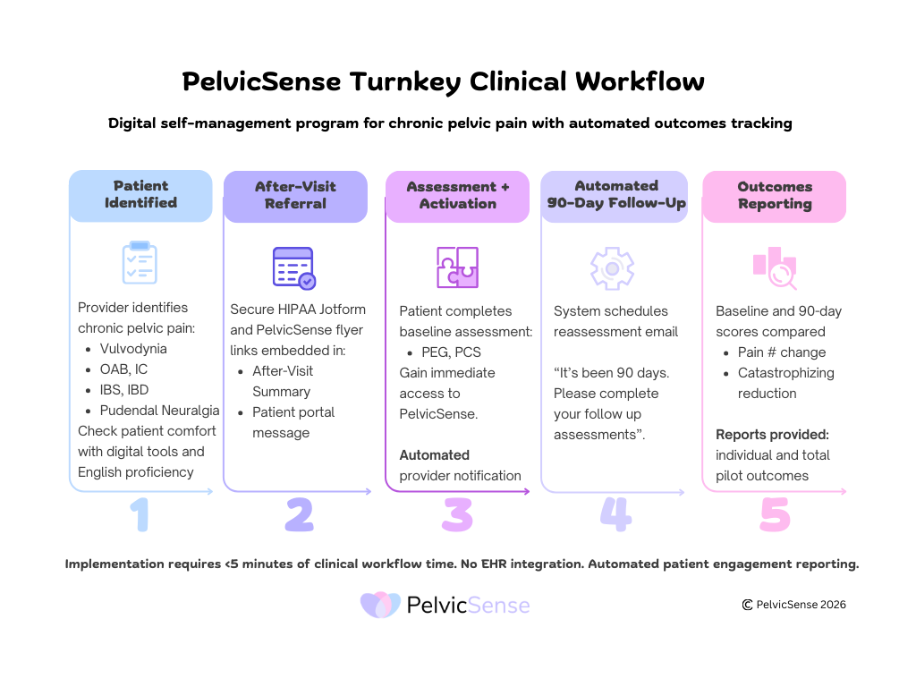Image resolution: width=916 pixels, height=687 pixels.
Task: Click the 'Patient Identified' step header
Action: pyautogui.click(x=140, y=195)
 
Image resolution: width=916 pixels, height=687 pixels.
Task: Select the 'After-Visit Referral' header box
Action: pyautogui.click(x=295, y=196)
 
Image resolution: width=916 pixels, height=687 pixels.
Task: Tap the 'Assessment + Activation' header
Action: pyautogui.click(x=458, y=196)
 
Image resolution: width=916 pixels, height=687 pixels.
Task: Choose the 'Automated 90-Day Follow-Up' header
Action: pyautogui.click(x=616, y=195)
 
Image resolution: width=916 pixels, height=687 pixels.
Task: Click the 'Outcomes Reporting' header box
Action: pyautogui.click(x=775, y=196)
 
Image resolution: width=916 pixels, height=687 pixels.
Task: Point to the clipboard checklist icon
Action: pyautogui.click(x=140, y=262)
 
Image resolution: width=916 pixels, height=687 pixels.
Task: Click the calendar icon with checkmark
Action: pyautogui.click(x=293, y=267)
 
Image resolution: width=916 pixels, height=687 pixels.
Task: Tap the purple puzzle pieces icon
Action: pyautogui.click(x=457, y=267)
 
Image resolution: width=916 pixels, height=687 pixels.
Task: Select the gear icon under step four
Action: pyautogui.click(x=613, y=267)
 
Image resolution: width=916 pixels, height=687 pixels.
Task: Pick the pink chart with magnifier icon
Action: pyautogui.click(x=774, y=267)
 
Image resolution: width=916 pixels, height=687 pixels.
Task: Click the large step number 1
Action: pyautogui.click(x=140, y=516)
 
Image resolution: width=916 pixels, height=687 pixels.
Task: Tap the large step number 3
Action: pyautogui.click(x=456, y=516)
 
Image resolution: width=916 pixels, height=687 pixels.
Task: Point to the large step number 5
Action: pyautogui.click(x=775, y=516)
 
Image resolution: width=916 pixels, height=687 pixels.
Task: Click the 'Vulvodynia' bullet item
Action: pyautogui.click(x=133, y=349)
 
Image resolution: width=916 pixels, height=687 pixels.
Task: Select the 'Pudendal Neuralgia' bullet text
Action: pyautogui.click(x=159, y=411)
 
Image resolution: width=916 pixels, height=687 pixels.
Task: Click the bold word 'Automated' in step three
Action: pyautogui.click(x=434, y=455)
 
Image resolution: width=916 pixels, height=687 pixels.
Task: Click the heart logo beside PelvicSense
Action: pyautogui.click(x=380, y=606)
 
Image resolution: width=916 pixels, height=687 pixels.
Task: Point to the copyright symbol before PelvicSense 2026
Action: pyautogui.click(x=747, y=605)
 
